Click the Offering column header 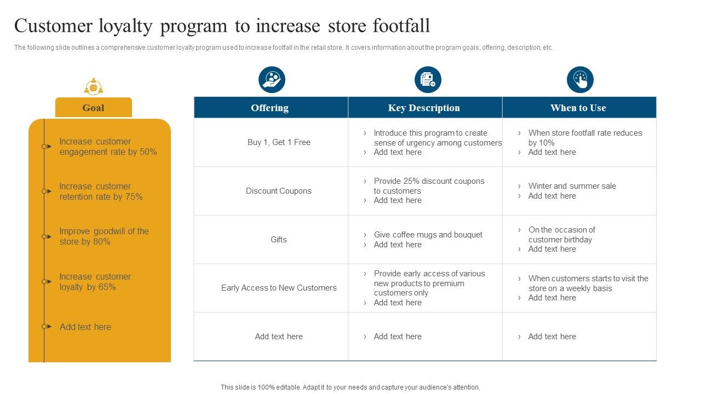(271, 108)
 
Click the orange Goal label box (94, 108)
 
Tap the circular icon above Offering (272, 79)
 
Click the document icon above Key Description (428, 79)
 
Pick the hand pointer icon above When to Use (580, 79)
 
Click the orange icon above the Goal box (94, 86)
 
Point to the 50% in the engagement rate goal (148, 152)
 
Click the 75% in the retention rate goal (134, 196)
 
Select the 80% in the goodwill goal (101, 242)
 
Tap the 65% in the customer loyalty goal (107, 287)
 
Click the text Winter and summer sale (572, 186)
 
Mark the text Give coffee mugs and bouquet (428, 235)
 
